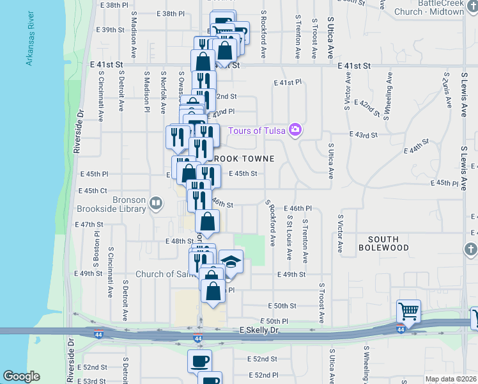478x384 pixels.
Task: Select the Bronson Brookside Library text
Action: [112, 204]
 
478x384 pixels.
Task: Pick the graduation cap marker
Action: [231, 262]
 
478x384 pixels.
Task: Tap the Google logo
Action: [22, 376]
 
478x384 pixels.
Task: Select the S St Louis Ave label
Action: [289, 237]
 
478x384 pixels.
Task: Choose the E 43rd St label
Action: [363, 135]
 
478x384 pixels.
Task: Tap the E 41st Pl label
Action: [287, 83]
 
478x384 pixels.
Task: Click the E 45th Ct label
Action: [93, 191]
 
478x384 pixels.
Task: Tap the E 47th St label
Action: [89, 225]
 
